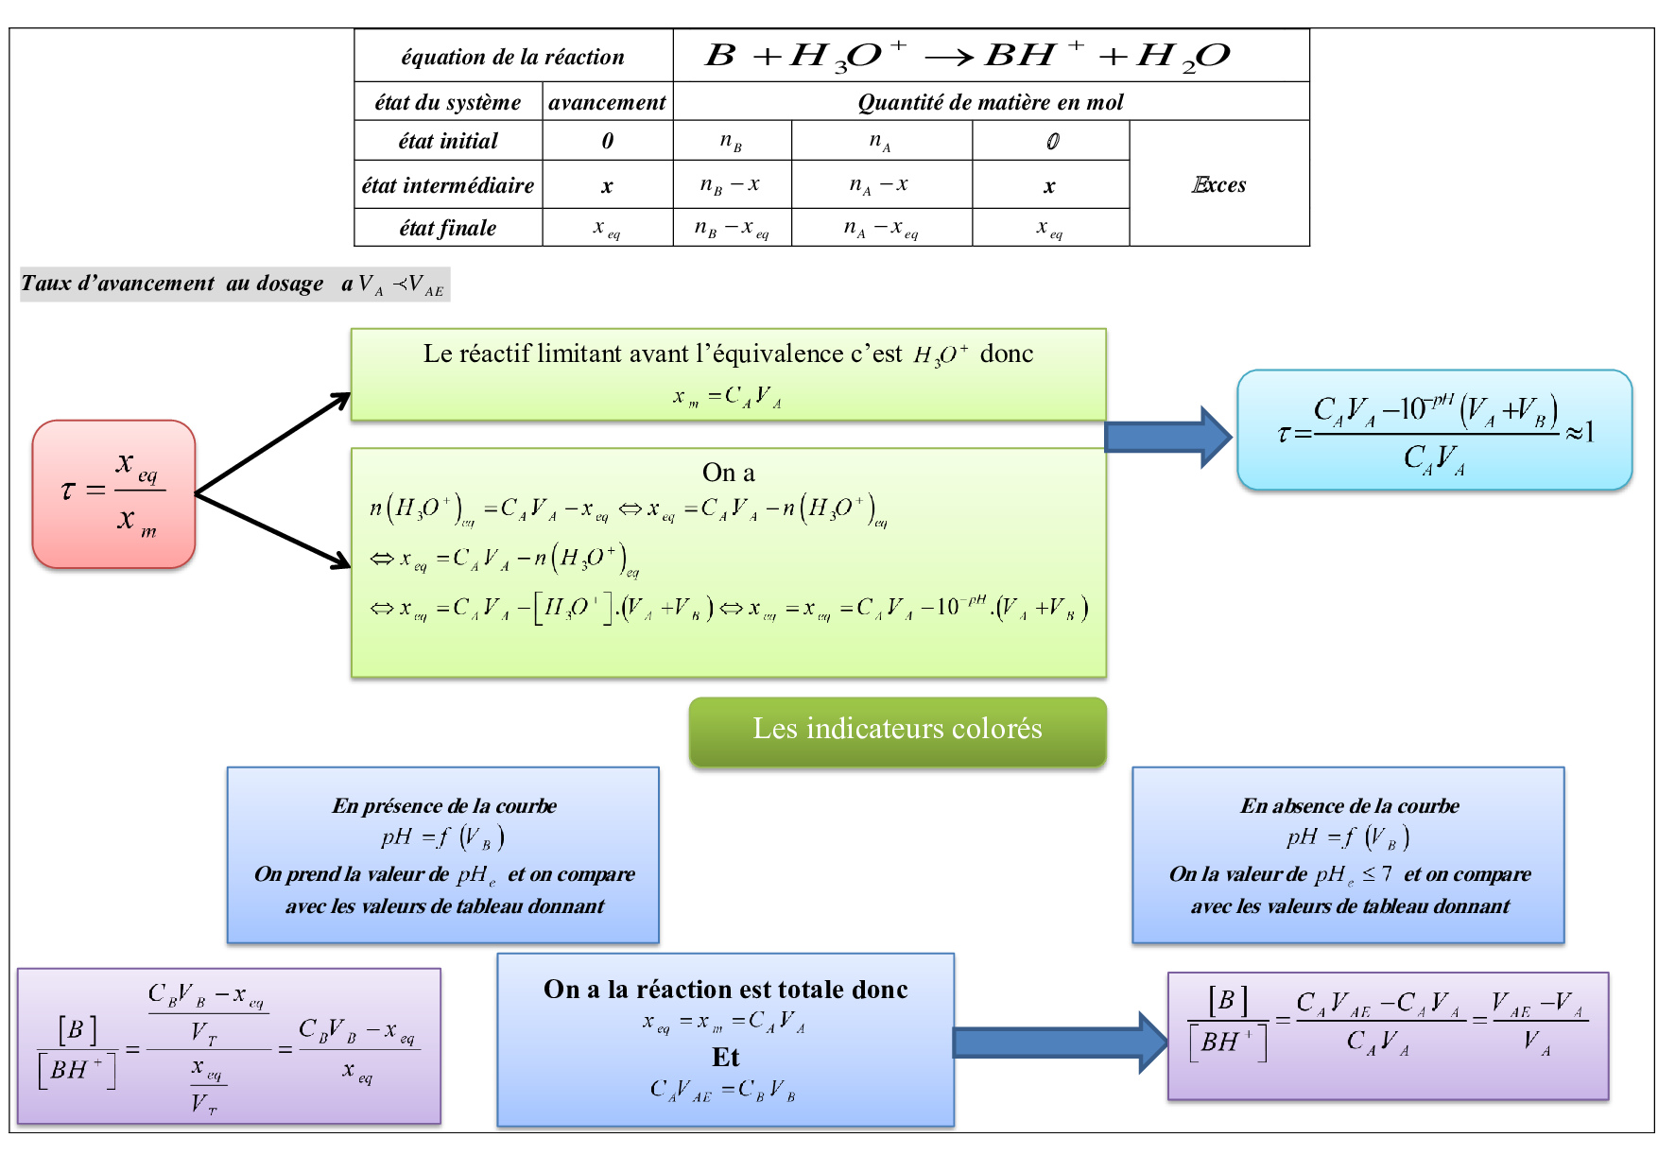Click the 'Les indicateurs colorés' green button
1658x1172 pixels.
pyautogui.click(x=897, y=730)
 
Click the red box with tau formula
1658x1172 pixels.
pyautogui.click(x=113, y=493)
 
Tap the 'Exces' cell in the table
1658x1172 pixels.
pyautogui.click(x=1218, y=184)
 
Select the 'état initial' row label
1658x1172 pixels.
pyautogui.click(x=448, y=141)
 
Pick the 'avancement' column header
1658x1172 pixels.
pyautogui.click(x=607, y=102)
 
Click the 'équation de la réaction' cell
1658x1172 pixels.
pyautogui.click(x=512, y=57)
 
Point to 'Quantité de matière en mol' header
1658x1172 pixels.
pyautogui.click(x=990, y=102)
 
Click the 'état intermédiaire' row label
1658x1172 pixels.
pyautogui.click(x=448, y=185)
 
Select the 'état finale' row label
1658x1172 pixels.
pyautogui.click(x=448, y=228)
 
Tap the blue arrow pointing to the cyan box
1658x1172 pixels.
pyautogui.click(x=1167, y=437)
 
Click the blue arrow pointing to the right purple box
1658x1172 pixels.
pyautogui.click(x=1059, y=1042)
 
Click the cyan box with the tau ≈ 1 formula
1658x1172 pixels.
pyautogui.click(x=1434, y=430)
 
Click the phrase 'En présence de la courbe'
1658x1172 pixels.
pyautogui.click(x=443, y=806)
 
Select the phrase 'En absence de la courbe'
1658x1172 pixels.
pyautogui.click(x=1349, y=806)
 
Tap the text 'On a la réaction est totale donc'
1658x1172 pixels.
pyautogui.click(x=725, y=990)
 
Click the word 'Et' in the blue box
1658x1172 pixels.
pyautogui.click(x=725, y=1057)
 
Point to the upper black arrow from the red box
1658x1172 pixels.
pyautogui.click(x=273, y=442)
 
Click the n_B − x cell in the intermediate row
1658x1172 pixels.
pyautogui.click(x=731, y=185)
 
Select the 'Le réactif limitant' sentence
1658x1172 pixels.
pyautogui.click(x=728, y=354)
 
